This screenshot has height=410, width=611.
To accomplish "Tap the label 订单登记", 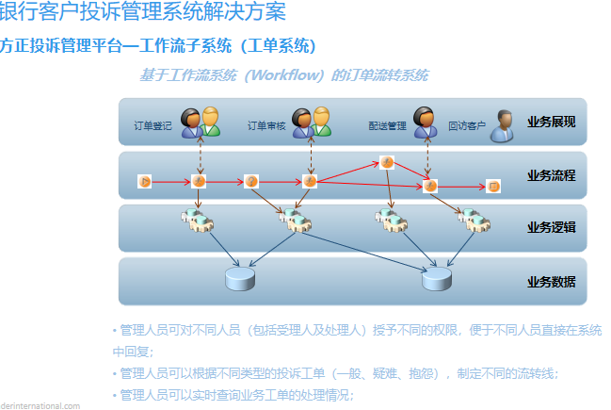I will pos(153,125).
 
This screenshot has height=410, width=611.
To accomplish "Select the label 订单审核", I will pos(266,125).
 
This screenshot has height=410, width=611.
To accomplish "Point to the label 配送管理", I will pos(387,125).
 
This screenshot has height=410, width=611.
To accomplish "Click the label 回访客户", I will pos(467,125).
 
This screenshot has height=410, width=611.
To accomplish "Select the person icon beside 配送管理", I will pos(426,122).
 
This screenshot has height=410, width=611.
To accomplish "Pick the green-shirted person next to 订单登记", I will pos(210,122).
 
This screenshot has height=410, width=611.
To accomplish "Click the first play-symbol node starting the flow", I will pos(145,181).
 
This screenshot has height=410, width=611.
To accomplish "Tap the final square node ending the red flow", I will pos(493,187).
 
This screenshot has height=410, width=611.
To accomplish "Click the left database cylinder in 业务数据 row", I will pos(240,279).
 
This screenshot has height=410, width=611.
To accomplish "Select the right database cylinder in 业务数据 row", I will pos(436,279).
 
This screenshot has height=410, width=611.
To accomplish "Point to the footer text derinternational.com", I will pos(40,405).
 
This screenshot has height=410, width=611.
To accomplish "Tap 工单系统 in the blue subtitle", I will pos(280,45).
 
